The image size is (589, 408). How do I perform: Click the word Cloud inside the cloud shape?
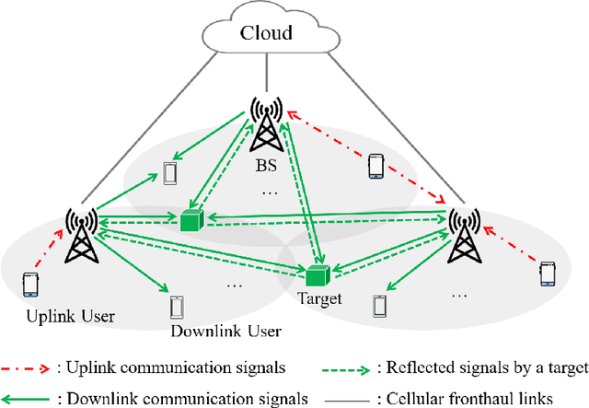(266, 35)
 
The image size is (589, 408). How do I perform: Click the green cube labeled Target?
(318, 275)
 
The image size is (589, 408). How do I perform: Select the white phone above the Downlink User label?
(177, 306)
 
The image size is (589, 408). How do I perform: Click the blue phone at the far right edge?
(549, 274)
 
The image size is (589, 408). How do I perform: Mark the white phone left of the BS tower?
(168, 173)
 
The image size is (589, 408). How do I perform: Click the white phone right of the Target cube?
(378, 305)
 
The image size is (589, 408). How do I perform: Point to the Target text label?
(319, 299)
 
